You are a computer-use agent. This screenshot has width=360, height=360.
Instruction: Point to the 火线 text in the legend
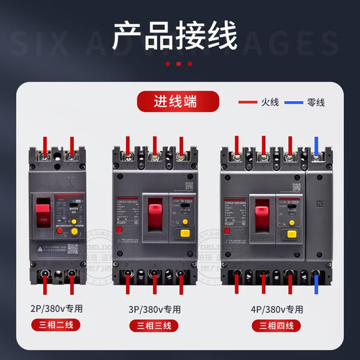271,102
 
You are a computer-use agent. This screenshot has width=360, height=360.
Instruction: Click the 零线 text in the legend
316,102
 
